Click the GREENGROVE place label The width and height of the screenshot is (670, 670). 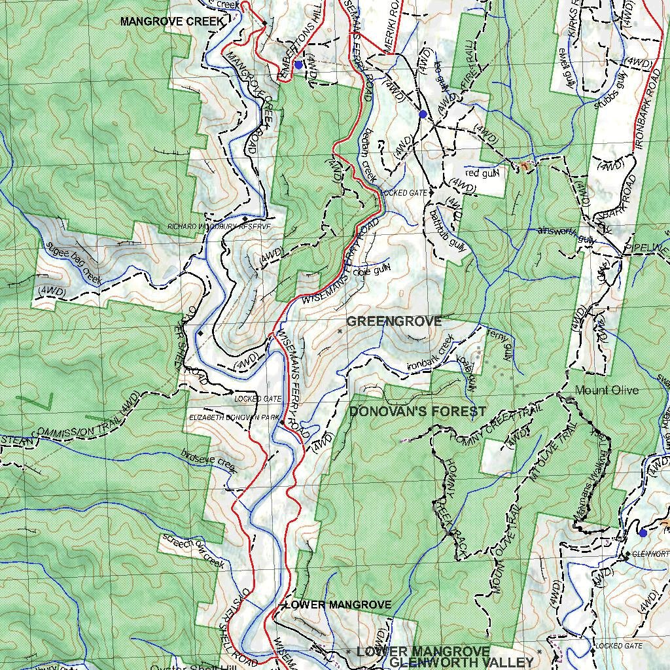pyautogui.click(x=394, y=321)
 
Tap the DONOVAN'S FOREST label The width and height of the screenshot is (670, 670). pyautogui.click(x=417, y=412)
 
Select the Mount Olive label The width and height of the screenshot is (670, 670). pyautogui.click(x=607, y=390)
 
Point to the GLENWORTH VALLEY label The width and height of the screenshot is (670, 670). pyautogui.click(x=461, y=662)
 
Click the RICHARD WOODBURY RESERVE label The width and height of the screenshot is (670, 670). pyautogui.click(x=219, y=226)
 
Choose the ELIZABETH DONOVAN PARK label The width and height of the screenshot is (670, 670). pyautogui.click(x=234, y=417)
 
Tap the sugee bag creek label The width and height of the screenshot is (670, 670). pyautogui.click(x=75, y=262)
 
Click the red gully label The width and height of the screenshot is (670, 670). pyautogui.click(x=482, y=173)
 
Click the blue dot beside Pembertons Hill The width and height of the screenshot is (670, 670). pyautogui.click(x=298, y=64)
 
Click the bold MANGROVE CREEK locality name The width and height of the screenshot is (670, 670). pyautogui.click(x=172, y=22)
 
